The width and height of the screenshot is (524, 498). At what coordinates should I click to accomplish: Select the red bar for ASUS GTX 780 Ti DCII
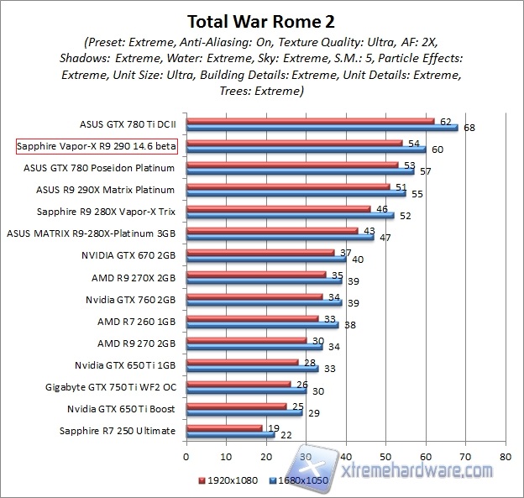coord(310,121)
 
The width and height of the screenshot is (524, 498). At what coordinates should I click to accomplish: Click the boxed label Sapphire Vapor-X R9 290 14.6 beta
coord(97,146)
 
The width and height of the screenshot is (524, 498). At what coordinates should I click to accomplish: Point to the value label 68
coord(468,128)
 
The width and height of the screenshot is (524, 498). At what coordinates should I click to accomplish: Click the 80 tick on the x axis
coord(505,458)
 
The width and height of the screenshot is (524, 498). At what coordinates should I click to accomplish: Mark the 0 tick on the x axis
coord(186,458)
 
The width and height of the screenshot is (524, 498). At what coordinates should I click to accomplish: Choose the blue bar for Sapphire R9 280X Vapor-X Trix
coord(290,215)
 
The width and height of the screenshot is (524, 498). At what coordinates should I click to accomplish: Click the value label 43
coord(369,230)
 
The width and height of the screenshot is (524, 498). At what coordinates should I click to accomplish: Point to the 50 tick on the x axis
coord(385,458)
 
